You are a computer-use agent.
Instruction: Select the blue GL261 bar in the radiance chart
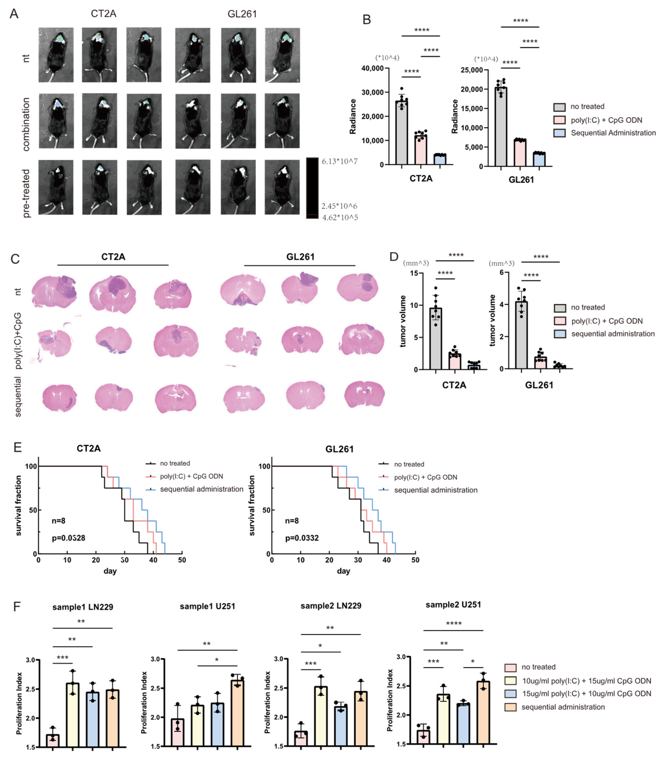(539, 159)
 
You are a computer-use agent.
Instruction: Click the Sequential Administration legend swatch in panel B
(559, 133)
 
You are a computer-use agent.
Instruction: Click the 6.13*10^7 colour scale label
(339, 161)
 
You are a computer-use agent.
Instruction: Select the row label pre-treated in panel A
(26, 193)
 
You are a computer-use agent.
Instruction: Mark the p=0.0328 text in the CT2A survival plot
(68, 538)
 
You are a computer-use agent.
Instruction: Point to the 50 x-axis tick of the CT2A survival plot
(182, 560)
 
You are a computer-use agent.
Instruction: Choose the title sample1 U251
(207, 606)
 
